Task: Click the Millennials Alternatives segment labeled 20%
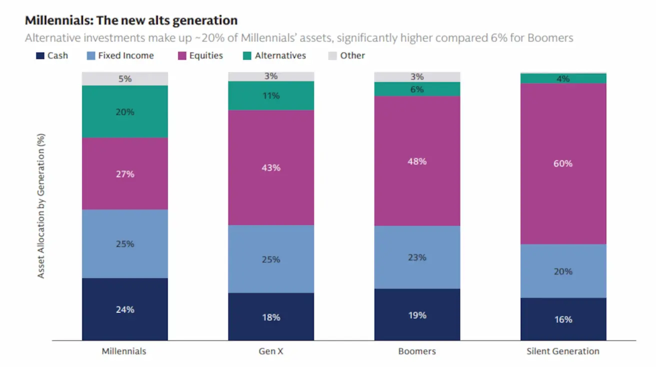pos(125,111)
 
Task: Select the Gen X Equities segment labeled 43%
pos(271,167)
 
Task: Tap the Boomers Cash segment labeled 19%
pos(417,315)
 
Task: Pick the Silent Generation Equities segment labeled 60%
pos(563,163)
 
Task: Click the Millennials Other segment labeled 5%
pos(125,78)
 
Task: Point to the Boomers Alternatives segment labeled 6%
pos(417,89)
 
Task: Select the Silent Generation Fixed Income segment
pos(563,271)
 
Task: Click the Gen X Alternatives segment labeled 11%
pos(271,95)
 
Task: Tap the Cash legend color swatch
pos(40,55)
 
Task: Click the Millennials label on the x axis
pos(124,351)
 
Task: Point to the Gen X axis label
pos(271,351)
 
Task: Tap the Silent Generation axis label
pos(563,351)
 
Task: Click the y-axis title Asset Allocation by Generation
pos(41,205)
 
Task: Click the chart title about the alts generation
pos(131,20)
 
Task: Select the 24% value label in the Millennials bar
pos(125,309)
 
